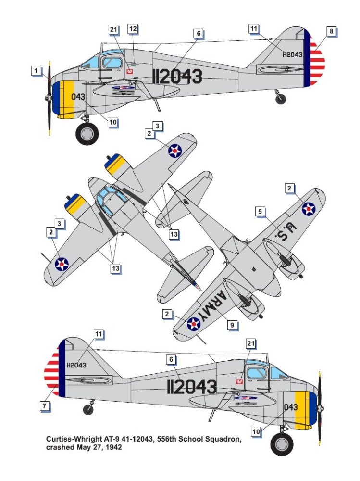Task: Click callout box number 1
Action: click(36, 71)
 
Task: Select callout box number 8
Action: click(331, 31)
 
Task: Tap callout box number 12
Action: click(133, 29)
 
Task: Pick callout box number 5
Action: click(260, 211)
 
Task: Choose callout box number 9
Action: click(232, 325)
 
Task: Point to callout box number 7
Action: click(45, 406)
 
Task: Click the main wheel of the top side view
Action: click(87, 134)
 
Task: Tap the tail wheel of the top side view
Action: click(281, 99)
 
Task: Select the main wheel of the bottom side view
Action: click(282, 444)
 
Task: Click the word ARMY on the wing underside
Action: click(212, 305)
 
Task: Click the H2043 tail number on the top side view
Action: click(292, 55)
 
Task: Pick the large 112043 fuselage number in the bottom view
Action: click(192, 387)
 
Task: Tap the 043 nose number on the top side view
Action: click(78, 97)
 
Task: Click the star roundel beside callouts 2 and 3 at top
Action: click(175, 151)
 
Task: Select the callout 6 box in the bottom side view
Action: click(171, 359)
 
